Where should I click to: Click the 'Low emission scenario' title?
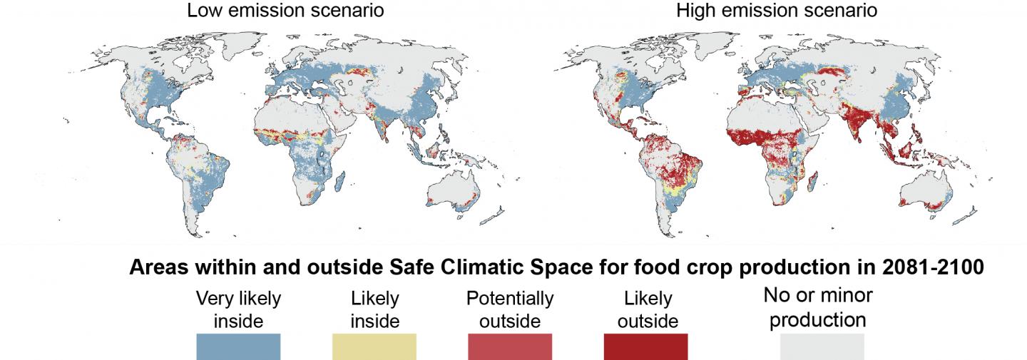pos(285,11)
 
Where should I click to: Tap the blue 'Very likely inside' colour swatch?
pos(238,347)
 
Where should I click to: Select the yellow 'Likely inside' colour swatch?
pos(374,347)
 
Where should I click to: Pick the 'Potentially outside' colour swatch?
pos(509,347)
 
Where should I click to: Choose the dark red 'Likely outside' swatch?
pos(645,347)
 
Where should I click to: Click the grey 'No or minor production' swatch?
pos(822,347)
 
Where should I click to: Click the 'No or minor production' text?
pos(817,307)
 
